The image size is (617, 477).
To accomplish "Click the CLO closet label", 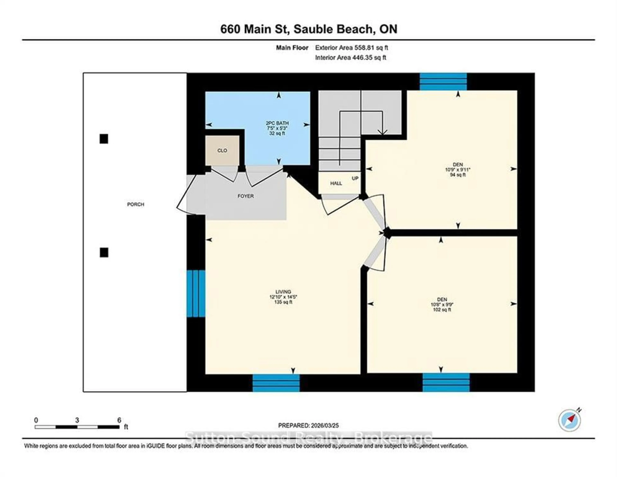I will (x=222, y=151).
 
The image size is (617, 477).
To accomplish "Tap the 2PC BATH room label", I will (x=277, y=123).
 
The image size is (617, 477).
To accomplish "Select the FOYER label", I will (x=246, y=196).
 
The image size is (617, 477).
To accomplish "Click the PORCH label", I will (x=136, y=204).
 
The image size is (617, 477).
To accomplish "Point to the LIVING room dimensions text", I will (x=283, y=297).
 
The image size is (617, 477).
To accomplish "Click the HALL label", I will (x=336, y=183).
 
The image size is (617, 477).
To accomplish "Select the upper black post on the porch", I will (x=104, y=139).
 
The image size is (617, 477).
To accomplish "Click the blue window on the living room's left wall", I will (x=196, y=294).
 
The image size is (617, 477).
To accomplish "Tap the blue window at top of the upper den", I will (x=443, y=82).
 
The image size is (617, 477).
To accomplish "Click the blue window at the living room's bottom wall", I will (x=276, y=383).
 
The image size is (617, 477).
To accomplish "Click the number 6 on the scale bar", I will (x=119, y=420).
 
